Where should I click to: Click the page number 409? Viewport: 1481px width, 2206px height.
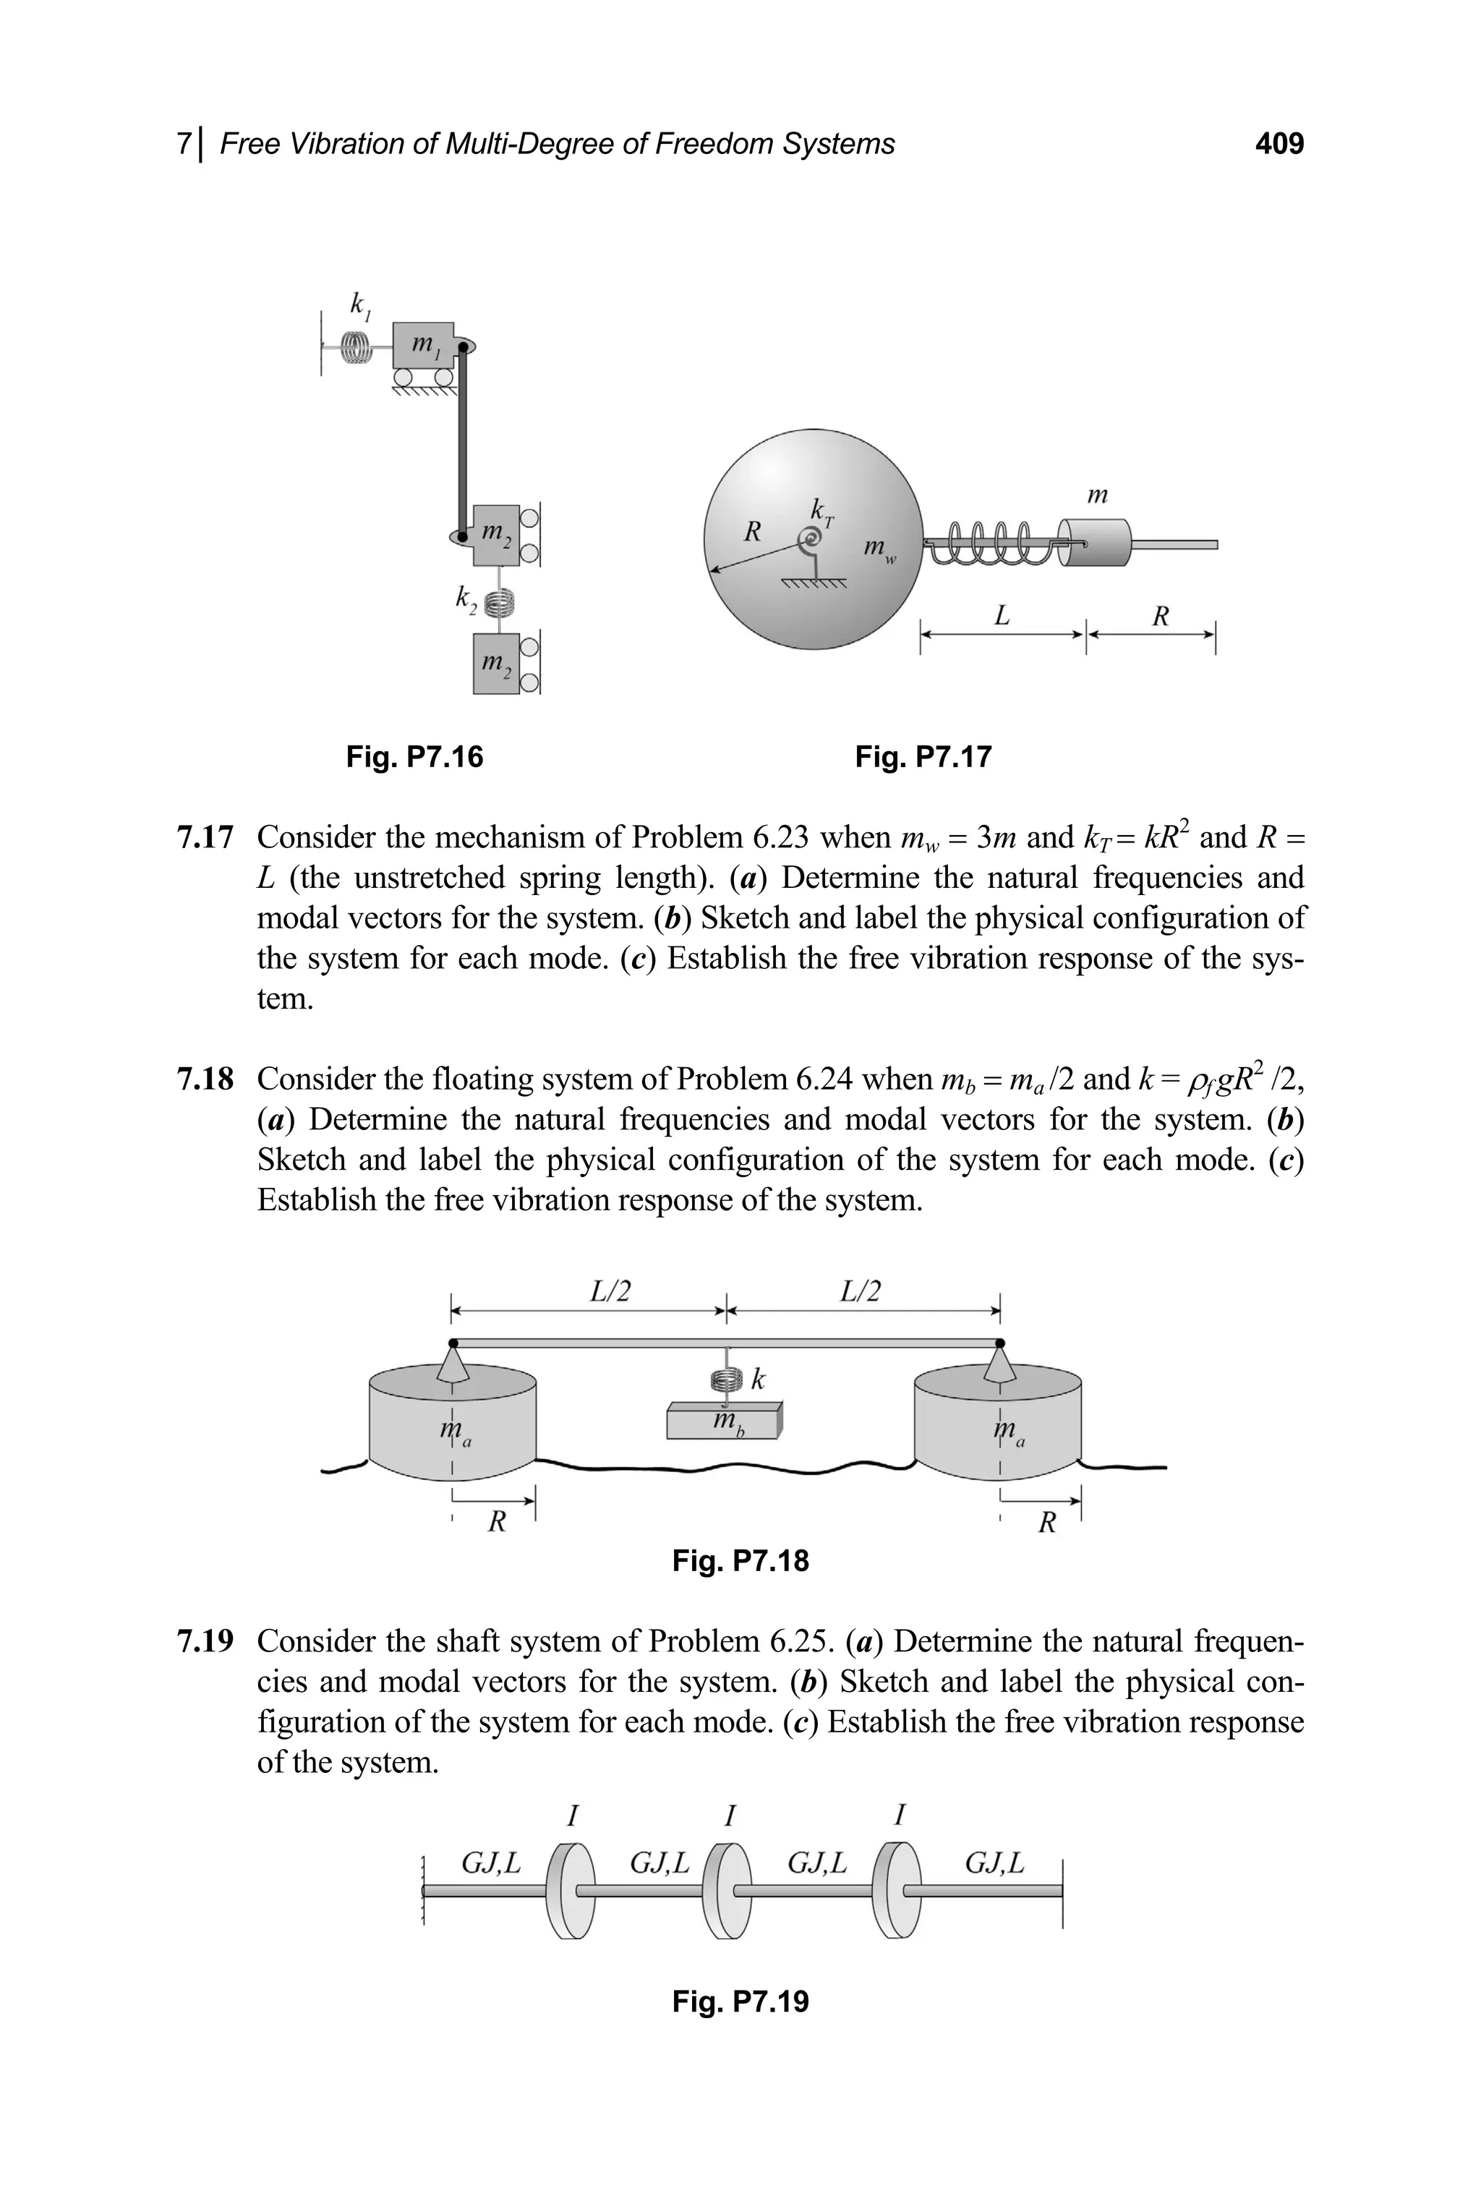pos(1279,144)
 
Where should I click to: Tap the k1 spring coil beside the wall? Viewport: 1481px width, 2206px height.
pos(357,348)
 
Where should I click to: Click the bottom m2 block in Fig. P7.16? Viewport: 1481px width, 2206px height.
pos(496,664)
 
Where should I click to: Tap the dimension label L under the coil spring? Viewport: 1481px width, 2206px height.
pos(1002,617)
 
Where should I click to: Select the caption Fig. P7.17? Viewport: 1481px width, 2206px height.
pos(923,756)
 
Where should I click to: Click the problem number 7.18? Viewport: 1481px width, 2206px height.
pos(205,1080)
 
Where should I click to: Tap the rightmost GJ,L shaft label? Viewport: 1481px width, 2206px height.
pos(994,1863)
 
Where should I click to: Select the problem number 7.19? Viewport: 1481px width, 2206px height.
pos(205,1642)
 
